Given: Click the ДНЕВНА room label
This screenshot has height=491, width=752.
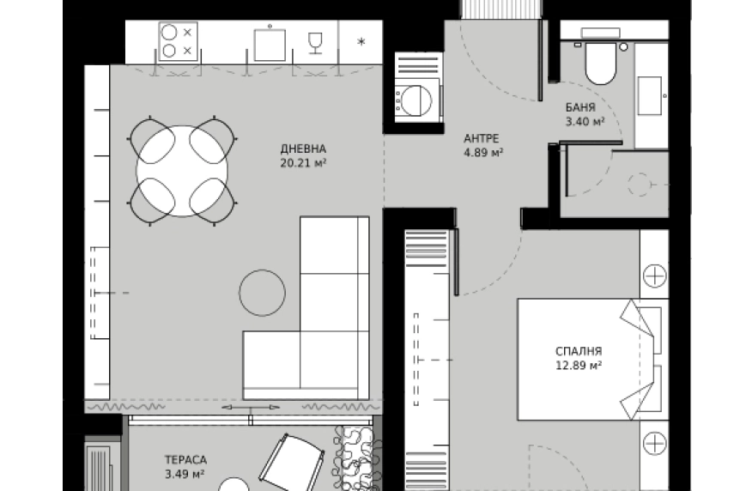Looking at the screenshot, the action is click(x=303, y=149).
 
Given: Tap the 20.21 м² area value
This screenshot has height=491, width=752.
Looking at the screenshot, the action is click(x=303, y=163).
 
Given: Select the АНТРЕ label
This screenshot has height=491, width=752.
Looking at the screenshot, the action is click(x=482, y=138).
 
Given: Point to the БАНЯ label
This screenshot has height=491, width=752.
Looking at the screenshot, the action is click(x=580, y=107).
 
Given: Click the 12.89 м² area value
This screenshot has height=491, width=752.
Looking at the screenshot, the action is click(x=579, y=366).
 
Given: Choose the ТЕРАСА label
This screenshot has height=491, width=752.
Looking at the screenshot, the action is click(x=185, y=460).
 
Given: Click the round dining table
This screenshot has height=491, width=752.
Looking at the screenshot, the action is click(x=182, y=171).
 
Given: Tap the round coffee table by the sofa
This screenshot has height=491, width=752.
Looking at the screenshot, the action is click(x=263, y=293).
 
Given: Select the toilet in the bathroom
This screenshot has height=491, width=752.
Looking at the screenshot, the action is click(x=600, y=63).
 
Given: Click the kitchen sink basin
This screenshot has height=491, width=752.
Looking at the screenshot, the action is click(x=270, y=45).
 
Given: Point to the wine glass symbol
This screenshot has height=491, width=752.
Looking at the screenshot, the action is click(x=315, y=43).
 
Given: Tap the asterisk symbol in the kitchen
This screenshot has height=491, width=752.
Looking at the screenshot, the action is click(x=361, y=42).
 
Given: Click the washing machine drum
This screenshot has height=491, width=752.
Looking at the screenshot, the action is click(x=415, y=100).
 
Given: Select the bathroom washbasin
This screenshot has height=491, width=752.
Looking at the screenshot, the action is click(x=650, y=96).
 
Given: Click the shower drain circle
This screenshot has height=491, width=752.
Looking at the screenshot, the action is click(x=638, y=184).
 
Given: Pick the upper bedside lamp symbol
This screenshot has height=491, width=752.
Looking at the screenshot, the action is click(x=655, y=276).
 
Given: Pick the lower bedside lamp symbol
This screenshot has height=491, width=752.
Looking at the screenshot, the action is click(x=655, y=443).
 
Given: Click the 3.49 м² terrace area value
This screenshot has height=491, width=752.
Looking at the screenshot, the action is click(x=185, y=475).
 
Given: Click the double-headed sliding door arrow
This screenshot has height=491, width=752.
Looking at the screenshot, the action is click(x=251, y=407).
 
